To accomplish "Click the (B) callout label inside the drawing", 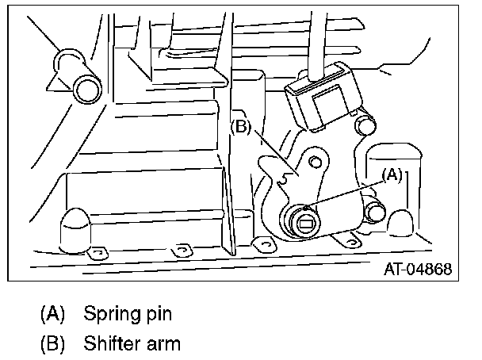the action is [x=240, y=126].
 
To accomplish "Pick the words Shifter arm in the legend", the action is [x=132, y=343].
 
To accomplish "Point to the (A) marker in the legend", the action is [x=53, y=313].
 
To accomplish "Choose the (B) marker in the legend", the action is [x=53, y=343].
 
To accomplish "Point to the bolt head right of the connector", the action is [x=365, y=124].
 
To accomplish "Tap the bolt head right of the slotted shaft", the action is [x=374, y=212].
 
